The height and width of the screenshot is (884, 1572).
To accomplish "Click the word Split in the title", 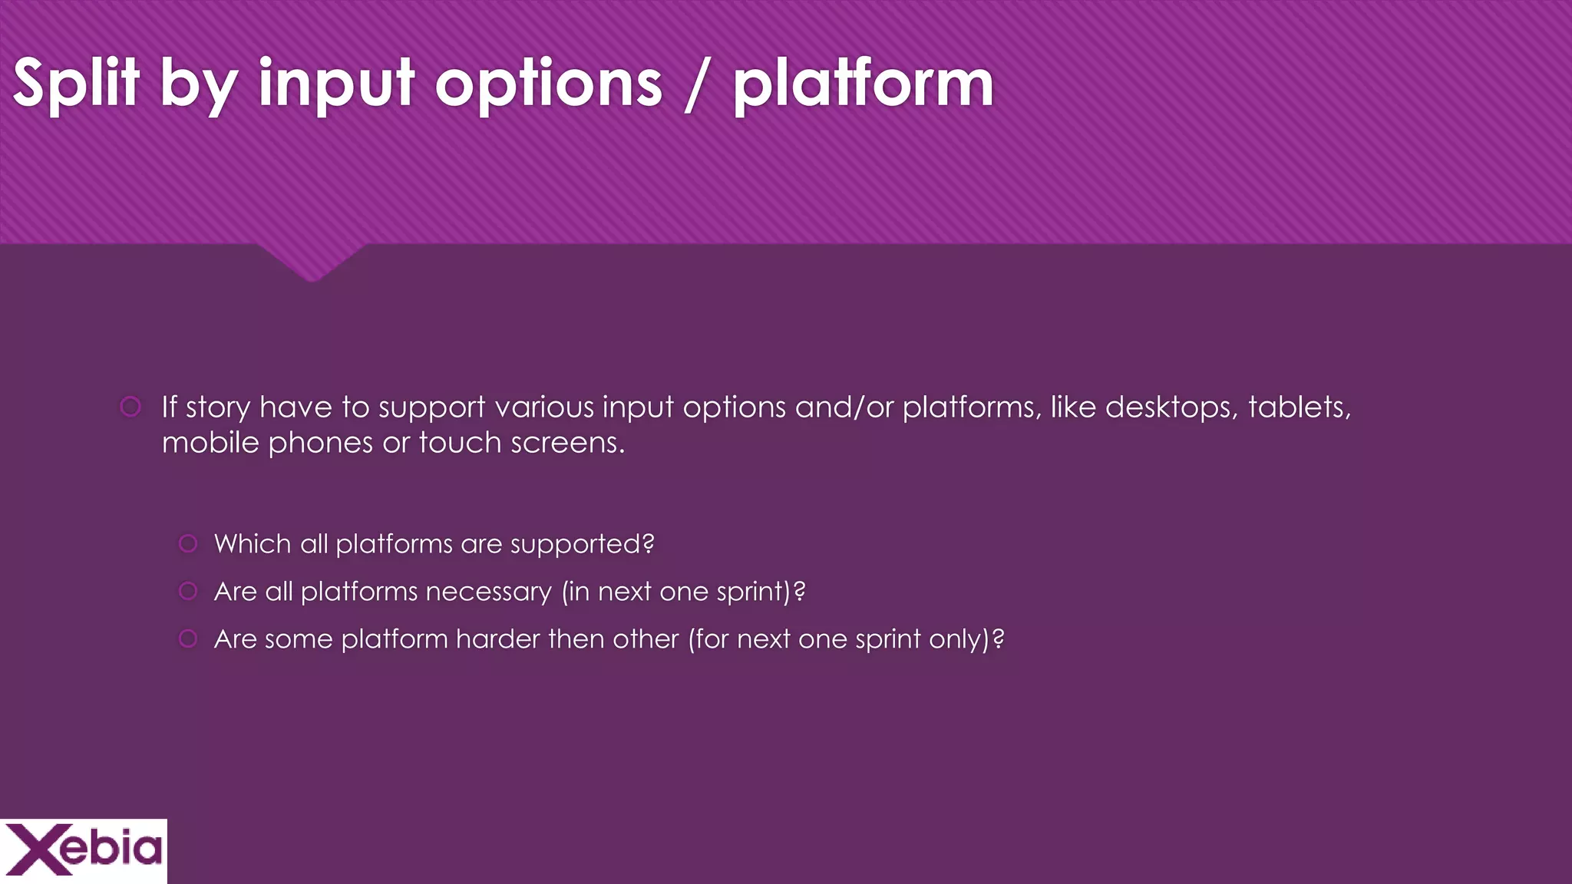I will [76, 84].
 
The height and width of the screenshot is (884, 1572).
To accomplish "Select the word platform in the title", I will [863, 84].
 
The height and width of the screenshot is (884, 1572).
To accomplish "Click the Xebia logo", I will [83, 850].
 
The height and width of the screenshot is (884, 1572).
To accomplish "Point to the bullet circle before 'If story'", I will [130, 407].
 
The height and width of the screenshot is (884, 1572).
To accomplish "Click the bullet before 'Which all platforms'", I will [188, 544].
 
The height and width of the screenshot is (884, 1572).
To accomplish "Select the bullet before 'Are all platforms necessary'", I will [188, 592].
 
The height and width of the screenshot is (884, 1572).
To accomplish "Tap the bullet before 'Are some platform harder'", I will [188, 639].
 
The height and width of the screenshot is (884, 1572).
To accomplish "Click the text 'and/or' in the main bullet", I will [844, 407].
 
